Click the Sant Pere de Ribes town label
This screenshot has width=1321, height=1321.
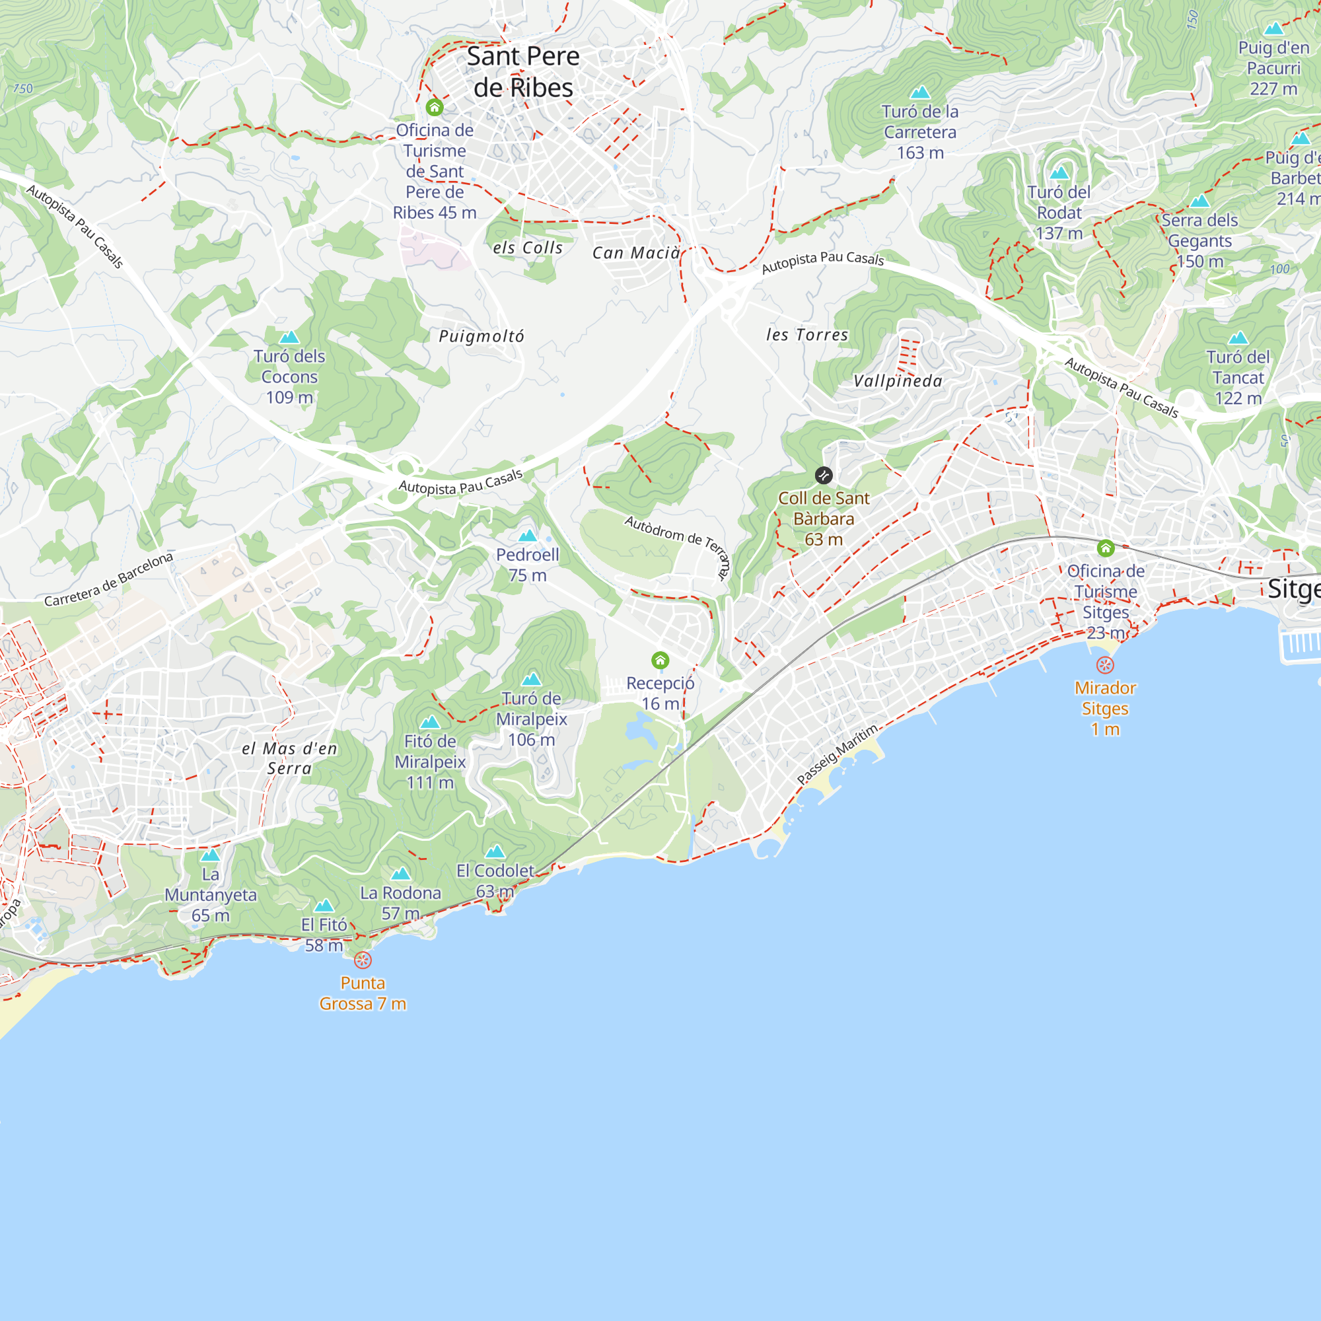click(523, 72)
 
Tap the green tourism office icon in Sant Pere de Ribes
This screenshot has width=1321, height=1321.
click(434, 108)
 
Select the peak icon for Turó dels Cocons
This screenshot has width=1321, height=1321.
click(289, 337)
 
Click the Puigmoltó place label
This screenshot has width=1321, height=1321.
click(482, 336)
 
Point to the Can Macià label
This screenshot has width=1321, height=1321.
click(636, 253)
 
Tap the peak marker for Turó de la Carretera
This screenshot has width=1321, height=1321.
click(919, 92)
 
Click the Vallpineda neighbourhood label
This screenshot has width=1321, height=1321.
click(898, 382)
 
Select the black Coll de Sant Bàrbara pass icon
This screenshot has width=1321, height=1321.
click(824, 475)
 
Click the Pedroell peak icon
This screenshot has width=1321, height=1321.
click(527, 536)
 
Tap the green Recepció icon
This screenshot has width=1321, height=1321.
click(660, 660)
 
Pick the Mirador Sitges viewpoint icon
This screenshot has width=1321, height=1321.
click(1105, 665)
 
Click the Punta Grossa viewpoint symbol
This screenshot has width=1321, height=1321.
click(363, 960)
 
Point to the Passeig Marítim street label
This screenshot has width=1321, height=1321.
click(838, 755)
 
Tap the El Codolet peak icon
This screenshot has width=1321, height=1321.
click(494, 851)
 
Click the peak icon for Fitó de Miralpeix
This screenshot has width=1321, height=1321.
click(429, 722)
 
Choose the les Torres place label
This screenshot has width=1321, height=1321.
click(807, 335)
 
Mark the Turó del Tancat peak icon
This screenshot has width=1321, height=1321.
click(1238, 338)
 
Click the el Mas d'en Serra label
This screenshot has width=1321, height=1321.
click(290, 758)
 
